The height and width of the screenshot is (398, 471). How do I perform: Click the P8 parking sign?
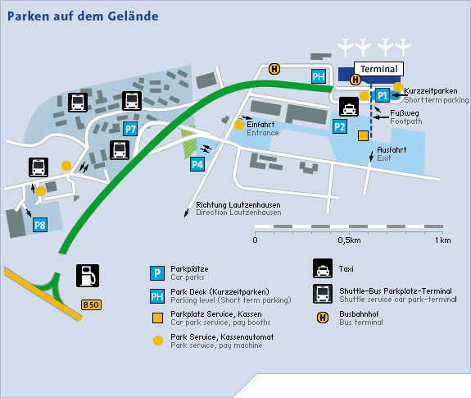tap(40, 225)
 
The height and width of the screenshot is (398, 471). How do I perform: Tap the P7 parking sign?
tap(130, 129)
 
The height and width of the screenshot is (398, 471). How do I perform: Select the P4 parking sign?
tap(197, 164)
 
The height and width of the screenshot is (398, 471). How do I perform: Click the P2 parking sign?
tap(340, 126)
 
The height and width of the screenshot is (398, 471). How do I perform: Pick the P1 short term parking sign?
tap(383, 95)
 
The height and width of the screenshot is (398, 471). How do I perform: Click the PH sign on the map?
tap(319, 76)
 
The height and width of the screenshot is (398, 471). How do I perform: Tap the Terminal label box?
tap(378, 69)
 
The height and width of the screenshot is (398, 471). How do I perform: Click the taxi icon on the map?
tap(349, 107)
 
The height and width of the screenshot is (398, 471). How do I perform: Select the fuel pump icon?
tap(88, 276)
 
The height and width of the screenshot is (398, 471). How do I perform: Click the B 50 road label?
tap(91, 304)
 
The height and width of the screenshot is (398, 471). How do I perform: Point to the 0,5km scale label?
tap(349, 240)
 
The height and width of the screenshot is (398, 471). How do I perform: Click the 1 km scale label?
tap(443, 240)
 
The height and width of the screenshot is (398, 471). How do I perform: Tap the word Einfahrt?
tap(260, 125)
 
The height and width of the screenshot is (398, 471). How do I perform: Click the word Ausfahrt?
tap(392, 150)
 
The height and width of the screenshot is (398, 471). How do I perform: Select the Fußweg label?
tap(405, 113)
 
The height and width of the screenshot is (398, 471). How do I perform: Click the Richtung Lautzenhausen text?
tap(238, 205)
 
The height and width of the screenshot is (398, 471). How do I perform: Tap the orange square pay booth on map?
tap(363, 136)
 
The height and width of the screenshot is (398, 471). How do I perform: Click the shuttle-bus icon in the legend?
tap(323, 294)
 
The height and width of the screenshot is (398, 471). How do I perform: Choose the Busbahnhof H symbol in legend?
tap(323, 318)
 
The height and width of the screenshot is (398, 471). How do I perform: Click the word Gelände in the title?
tap(133, 16)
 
